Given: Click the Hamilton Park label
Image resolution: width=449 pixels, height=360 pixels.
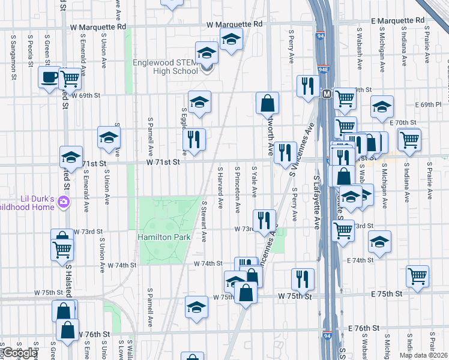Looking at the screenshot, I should (x=164, y=238).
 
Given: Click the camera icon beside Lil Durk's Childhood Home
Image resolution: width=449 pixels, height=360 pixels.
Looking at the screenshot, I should (x=63, y=203).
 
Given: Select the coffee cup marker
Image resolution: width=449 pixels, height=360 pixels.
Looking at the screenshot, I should (x=49, y=77).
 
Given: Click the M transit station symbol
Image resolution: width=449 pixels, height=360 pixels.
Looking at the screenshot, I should (x=327, y=94).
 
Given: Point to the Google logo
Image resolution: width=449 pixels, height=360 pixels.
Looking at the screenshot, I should (x=19, y=353).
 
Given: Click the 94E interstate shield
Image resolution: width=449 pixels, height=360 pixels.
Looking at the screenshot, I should (x=323, y=70).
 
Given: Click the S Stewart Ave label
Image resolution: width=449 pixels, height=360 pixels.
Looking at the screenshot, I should (x=204, y=221).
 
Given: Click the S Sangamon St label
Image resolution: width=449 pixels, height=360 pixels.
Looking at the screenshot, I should (x=13, y=56).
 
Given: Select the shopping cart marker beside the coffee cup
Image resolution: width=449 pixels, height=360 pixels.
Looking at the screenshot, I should (x=70, y=77).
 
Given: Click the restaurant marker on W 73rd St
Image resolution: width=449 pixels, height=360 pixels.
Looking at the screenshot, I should (x=264, y=220).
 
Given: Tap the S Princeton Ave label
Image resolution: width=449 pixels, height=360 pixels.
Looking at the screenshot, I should (x=238, y=190).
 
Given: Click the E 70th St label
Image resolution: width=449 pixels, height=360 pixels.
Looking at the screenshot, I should (x=403, y=122).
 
